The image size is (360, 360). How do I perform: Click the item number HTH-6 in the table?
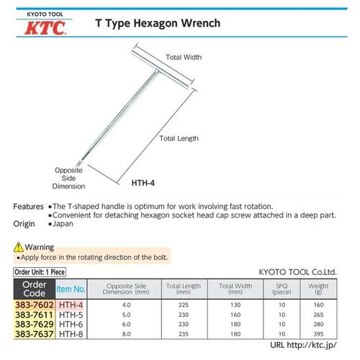(71, 324)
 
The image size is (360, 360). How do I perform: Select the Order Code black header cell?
(32, 289)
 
